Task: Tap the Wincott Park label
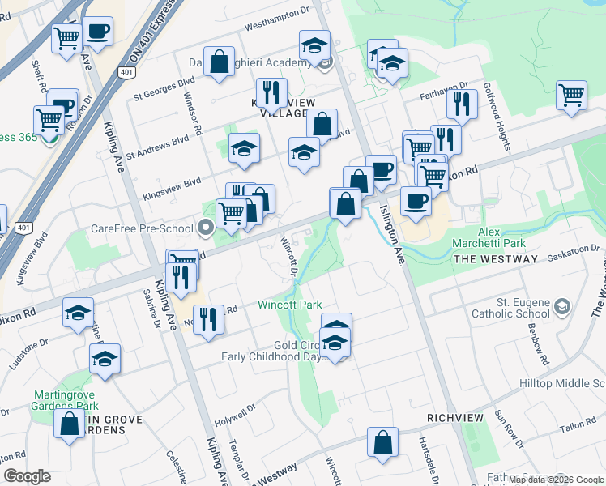coord(290,305)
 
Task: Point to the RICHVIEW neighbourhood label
coord(455,418)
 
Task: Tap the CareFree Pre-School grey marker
coord(206,228)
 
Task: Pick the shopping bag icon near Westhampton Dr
coord(219,62)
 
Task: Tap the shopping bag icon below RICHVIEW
coord(382,442)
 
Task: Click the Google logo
coord(28,476)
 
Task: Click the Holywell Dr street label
coord(235,421)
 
